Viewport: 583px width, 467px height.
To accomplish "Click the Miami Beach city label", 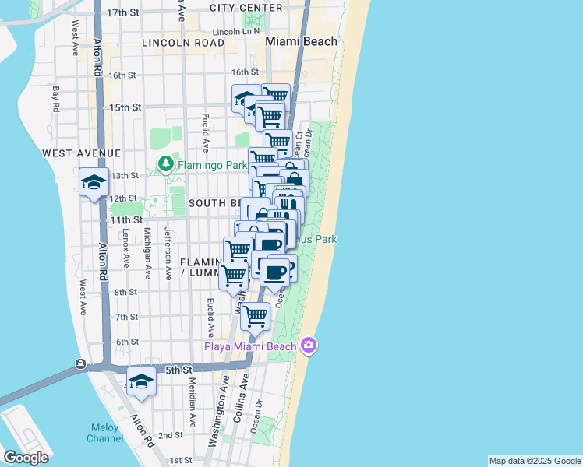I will point(302,41).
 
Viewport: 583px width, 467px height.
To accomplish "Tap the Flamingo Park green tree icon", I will point(165,164).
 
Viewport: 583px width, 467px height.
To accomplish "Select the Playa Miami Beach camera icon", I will point(309,346).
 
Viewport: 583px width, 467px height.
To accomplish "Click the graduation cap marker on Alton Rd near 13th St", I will point(94,184).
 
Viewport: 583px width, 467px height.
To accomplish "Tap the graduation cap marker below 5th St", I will point(141,381).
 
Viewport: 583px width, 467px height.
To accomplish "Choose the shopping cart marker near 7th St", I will point(255,317).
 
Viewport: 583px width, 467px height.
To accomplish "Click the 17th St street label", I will point(122,13).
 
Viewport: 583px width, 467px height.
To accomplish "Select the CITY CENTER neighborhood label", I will point(246,8).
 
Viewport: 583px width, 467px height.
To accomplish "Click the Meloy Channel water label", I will point(105,433).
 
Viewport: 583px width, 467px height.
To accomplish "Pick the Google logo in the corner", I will point(26,458).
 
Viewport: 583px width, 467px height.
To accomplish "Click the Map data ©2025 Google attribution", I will point(535,461).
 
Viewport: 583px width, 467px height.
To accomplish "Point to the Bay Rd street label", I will point(55,98).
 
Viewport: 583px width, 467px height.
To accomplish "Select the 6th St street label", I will point(126,342).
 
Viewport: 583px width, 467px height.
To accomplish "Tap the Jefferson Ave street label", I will point(168,252).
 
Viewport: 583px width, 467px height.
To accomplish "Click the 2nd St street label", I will point(171,436).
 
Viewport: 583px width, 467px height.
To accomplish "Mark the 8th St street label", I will point(126,292).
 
